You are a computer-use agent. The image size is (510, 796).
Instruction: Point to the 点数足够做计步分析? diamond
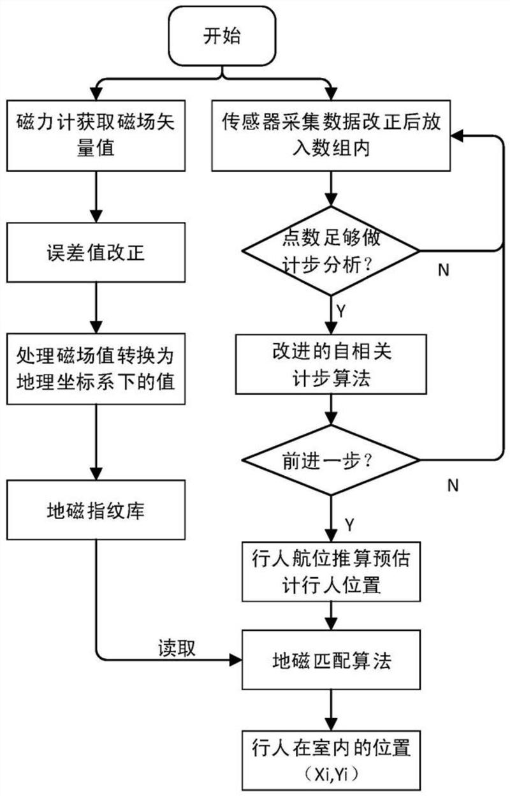coord(330,251)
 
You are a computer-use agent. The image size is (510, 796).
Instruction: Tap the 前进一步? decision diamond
coord(330,460)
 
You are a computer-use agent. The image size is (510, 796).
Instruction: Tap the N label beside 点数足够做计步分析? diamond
coord(444,269)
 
